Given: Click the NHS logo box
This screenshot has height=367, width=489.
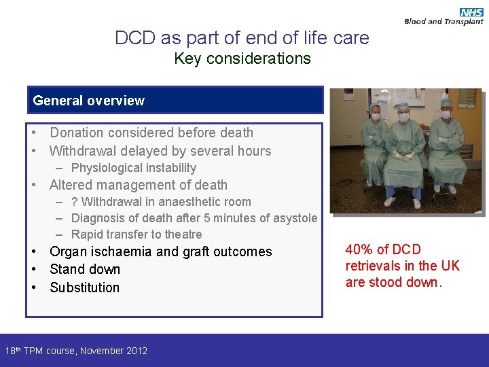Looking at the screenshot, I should (471, 12).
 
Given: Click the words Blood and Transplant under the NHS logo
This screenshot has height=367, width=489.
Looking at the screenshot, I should (443, 22).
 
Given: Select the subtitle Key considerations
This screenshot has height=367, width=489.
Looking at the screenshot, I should (242, 58).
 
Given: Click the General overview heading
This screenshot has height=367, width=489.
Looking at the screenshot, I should (89, 101).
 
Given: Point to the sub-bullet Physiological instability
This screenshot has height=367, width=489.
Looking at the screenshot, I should (133, 168).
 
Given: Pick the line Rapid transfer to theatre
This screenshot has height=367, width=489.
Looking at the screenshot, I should (136, 234).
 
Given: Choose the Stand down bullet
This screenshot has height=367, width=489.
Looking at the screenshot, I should (85, 269).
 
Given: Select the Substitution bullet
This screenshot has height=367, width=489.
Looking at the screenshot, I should (85, 287).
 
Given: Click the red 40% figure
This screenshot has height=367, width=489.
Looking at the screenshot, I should (361, 249).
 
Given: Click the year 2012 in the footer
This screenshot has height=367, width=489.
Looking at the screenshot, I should (136, 351).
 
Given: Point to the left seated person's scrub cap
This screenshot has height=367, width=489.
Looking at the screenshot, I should (375, 107).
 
